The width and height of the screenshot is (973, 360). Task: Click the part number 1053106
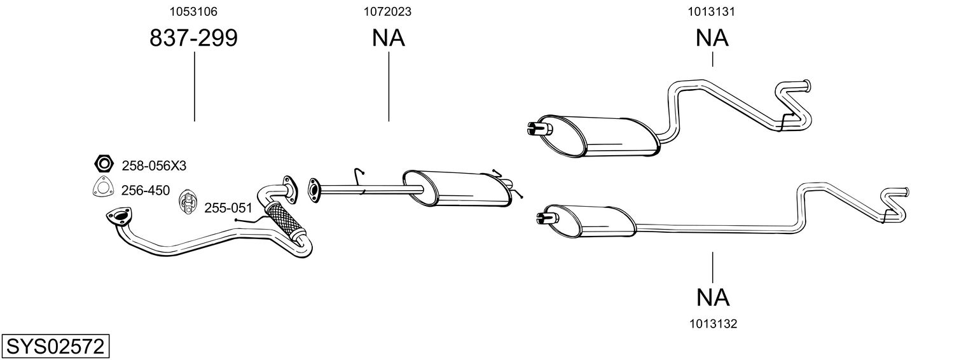point(193,11)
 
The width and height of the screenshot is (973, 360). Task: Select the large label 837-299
point(193,39)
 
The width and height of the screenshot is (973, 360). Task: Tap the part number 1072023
point(388,11)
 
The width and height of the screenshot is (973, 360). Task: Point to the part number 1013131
point(712,11)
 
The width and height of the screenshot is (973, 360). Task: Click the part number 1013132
point(712,324)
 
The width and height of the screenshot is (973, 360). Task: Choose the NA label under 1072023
point(388,39)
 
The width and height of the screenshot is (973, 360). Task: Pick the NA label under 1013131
point(712,39)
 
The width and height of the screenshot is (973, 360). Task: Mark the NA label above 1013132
point(712,297)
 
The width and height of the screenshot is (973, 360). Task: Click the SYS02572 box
point(55,347)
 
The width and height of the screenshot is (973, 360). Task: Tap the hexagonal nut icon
point(103,164)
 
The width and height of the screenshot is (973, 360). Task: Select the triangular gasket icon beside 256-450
point(102,189)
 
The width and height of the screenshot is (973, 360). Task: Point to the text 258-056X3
point(154,166)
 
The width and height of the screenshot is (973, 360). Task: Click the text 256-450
point(146,190)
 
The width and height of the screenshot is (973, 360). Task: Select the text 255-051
point(228,207)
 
